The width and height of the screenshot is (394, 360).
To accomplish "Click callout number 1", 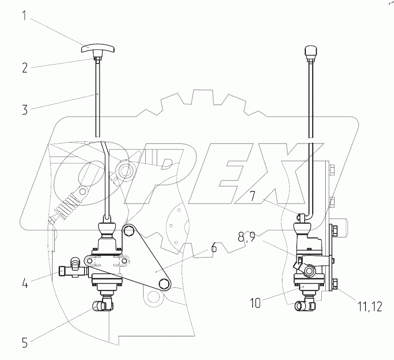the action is click(x=25, y=16).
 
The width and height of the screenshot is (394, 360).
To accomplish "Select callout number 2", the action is click(x=25, y=68).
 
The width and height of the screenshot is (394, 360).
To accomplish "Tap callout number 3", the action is click(x=25, y=110).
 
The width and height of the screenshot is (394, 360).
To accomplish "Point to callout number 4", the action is click(x=25, y=283).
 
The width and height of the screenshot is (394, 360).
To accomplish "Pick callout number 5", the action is click(x=25, y=342).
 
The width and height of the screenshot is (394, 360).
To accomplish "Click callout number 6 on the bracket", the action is click(x=214, y=248).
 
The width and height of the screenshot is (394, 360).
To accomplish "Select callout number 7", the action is click(x=253, y=195).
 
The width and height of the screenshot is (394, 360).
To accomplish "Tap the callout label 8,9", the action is click(x=247, y=237).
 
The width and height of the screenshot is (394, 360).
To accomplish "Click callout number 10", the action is click(x=255, y=303).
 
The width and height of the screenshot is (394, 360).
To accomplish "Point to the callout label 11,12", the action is click(x=369, y=307).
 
